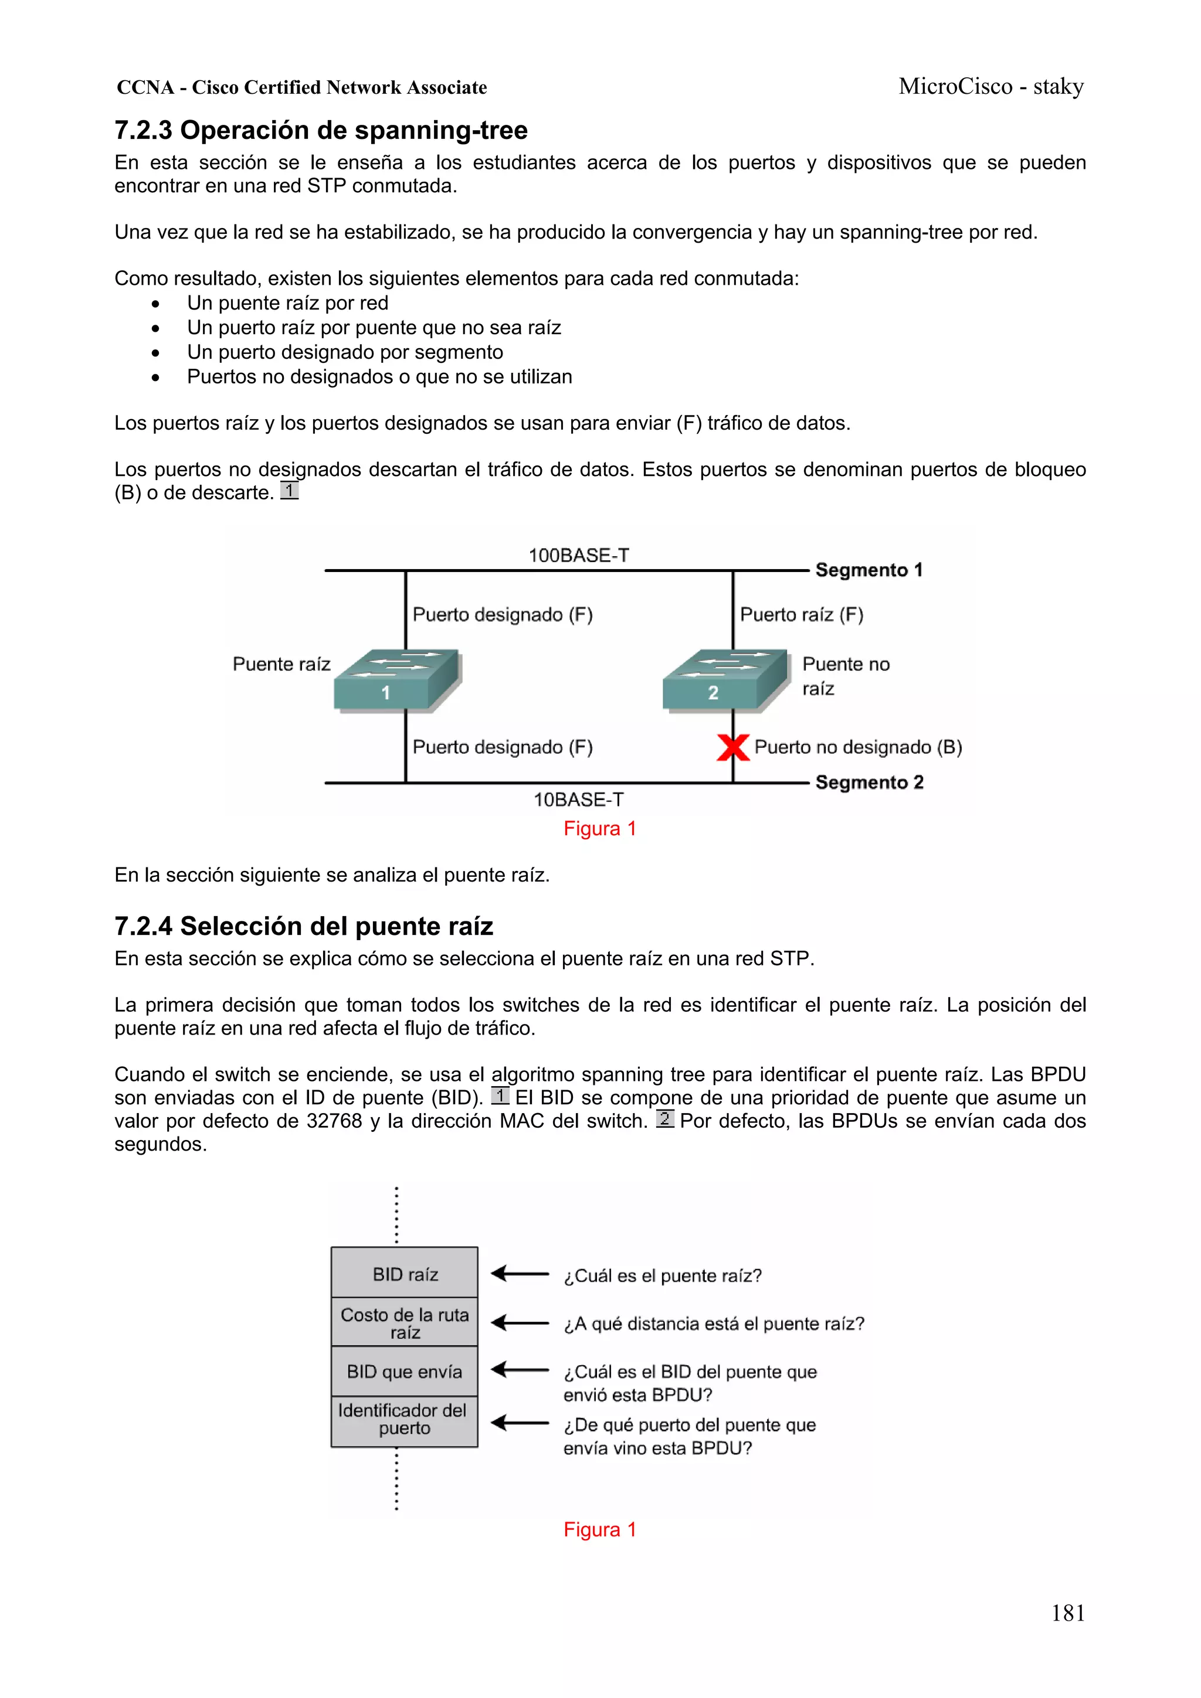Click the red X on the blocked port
[x=732, y=747]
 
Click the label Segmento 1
[x=868, y=570]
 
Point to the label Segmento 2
[x=868, y=782]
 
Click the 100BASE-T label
[x=578, y=556]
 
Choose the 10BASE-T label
[x=578, y=799]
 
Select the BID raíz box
[x=405, y=1274]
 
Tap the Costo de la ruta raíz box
[x=405, y=1323]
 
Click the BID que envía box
[x=405, y=1372]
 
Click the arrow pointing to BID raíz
[x=519, y=1274]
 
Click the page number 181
[x=1067, y=1613]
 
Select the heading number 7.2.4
[x=143, y=926]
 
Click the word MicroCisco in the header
[x=955, y=87]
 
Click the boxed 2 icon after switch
[x=664, y=1119]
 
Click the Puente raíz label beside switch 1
[x=281, y=664]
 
